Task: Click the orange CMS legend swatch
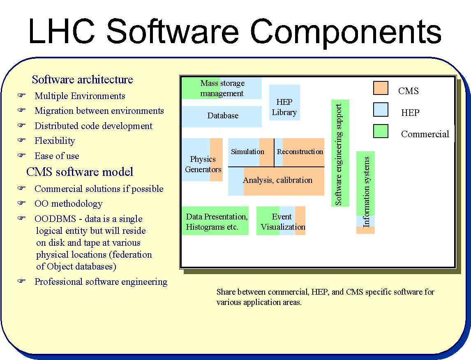381,88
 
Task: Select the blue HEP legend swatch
381,110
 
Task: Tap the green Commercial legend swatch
381,131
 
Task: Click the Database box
222,116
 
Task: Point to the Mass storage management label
222,88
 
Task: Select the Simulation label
247,152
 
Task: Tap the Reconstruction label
300,152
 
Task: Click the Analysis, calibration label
277,180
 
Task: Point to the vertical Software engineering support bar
340,153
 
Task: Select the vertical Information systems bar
366,192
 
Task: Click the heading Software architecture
83,79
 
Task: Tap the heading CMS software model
80,171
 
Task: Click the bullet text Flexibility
55,141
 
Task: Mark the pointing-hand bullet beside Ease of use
21,156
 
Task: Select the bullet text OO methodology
68,203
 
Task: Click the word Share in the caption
225,292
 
